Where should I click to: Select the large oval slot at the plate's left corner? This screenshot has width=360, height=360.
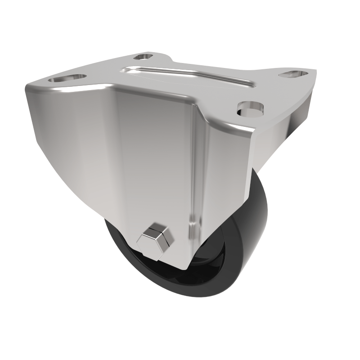pos(67,78)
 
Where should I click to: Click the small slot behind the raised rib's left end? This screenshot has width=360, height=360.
pos(144,57)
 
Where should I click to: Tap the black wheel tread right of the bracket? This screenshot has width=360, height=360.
pos(252,234)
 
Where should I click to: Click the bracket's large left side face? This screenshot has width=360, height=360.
pos(76,135)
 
